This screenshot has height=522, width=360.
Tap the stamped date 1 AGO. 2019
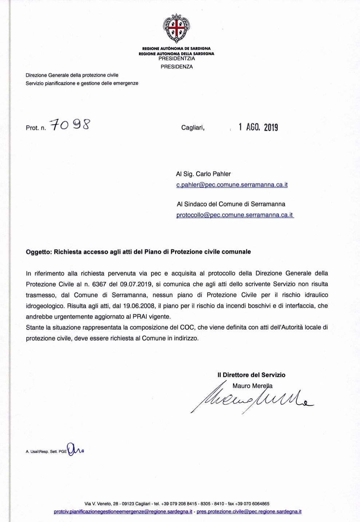point(258,127)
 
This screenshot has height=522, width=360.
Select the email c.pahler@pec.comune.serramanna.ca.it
point(232,185)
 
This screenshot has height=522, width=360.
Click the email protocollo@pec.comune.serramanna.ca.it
point(235,215)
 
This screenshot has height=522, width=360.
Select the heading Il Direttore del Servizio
point(251,375)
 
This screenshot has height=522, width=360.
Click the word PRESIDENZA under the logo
point(177,67)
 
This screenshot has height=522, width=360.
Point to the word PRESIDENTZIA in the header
point(177,58)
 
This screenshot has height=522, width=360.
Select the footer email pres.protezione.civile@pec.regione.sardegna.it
point(249,511)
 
